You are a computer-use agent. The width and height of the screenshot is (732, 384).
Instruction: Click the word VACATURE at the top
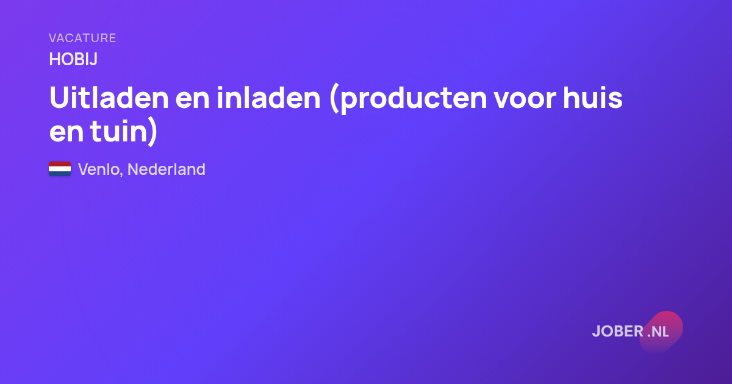coord(82,38)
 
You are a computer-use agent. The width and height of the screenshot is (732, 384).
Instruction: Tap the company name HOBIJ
coord(73,60)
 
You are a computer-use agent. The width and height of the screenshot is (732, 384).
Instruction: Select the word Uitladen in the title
coord(109,98)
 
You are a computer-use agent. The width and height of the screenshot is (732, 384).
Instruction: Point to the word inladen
coord(268,98)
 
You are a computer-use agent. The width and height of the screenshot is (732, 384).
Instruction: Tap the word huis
coord(593,98)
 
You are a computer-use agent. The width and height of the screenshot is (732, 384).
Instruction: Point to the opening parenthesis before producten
coord(334,99)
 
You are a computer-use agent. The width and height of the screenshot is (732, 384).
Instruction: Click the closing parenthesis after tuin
coord(152,132)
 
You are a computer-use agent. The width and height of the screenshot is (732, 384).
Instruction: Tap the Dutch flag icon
coord(60,169)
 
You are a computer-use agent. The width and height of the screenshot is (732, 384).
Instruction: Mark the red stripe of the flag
coord(60,164)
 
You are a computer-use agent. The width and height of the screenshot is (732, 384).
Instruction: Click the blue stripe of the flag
coord(60,174)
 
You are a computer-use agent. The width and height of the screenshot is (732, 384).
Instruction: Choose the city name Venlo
coord(100,169)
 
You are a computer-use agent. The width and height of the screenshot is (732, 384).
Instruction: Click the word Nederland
coord(167,169)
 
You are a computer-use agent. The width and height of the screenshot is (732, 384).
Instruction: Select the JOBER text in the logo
coord(618,332)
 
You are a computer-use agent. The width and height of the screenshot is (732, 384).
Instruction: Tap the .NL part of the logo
coord(658,332)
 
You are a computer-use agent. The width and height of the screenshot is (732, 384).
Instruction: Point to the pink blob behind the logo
coord(661,332)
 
